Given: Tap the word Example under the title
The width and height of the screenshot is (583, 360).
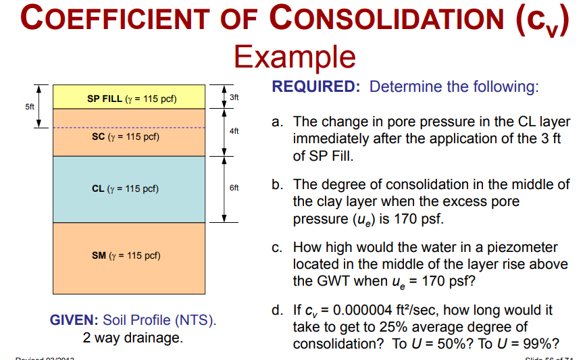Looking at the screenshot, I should click(294, 55).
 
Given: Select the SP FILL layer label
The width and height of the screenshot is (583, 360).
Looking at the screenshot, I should click(132, 99).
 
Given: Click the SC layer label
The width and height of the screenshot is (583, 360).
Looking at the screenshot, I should click(126, 136).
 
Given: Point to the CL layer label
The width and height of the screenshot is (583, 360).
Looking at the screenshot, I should click(126, 188).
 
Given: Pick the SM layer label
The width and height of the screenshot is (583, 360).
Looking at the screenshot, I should click(126, 255).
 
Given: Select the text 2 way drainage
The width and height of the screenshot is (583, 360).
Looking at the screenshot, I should click(132, 337).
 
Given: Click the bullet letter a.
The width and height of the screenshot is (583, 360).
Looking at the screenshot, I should click(277, 122).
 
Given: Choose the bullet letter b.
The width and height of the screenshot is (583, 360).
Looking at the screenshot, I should click(277, 184).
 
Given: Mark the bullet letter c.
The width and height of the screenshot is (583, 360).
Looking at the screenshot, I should click(277, 248).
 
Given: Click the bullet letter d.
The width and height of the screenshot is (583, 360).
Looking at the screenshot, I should click(277, 311).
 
